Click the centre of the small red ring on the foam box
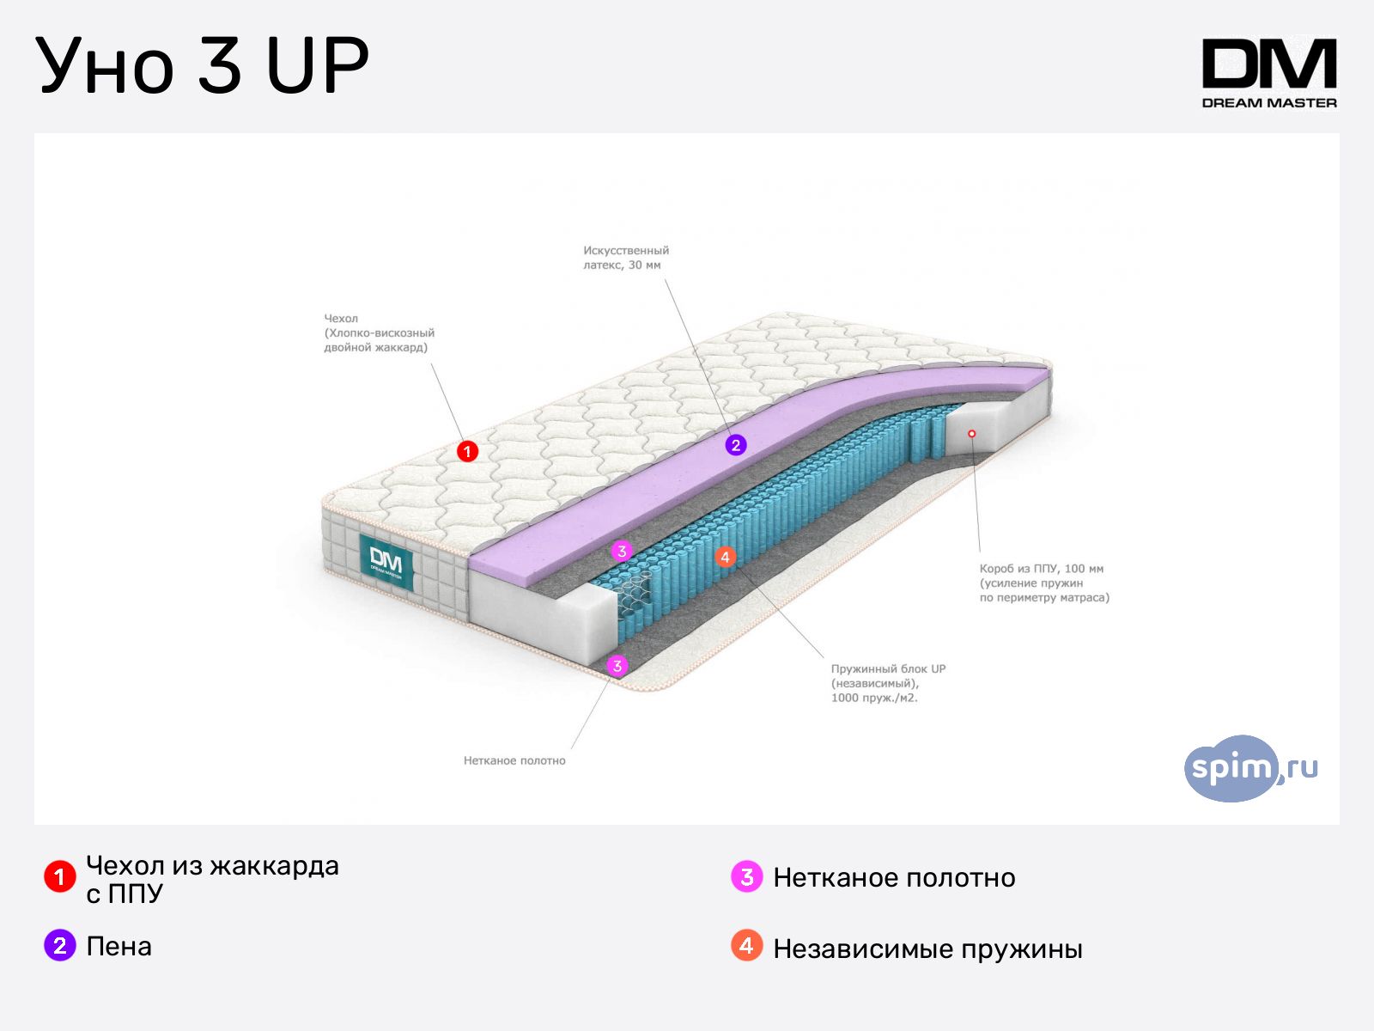pyautogui.click(x=971, y=433)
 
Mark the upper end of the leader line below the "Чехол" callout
pyautogui.click(x=431, y=363)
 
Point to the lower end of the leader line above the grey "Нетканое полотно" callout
pyautogui.click(x=572, y=748)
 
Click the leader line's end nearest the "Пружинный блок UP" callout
pyautogui.click(x=824, y=657)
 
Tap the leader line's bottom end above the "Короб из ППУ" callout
pyautogui.click(x=980, y=552)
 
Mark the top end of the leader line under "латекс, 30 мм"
pyautogui.click(x=665, y=279)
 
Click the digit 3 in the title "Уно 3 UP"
pyautogui.click(x=220, y=65)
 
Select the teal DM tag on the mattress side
pyautogui.click(x=386, y=562)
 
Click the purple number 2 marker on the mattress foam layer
pyautogui.click(x=735, y=445)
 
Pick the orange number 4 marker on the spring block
pyautogui.click(x=725, y=557)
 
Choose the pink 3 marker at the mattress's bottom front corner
pyautogui.click(x=617, y=665)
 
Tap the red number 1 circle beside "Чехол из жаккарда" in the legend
pyautogui.click(x=60, y=876)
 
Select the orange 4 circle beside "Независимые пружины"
pyautogui.click(x=747, y=945)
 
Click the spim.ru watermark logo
pyautogui.click(x=1250, y=768)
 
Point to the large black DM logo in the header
pyautogui.click(x=1269, y=64)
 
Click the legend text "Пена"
pyautogui.click(x=119, y=947)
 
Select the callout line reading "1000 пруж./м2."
pyautogui.click(x=874, y=698)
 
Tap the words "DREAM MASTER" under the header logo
pyautogui.click(x=1269, y=103)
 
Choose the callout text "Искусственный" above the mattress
pyautogui.click(x=626, y=250)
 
